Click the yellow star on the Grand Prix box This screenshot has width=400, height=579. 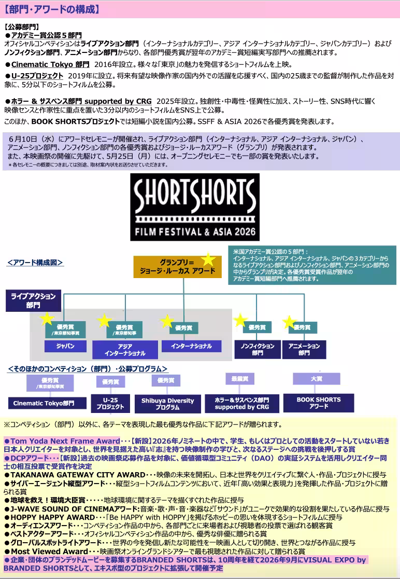[208, 259]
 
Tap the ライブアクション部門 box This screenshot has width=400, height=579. [33, 300]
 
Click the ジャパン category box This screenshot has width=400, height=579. [65, 346]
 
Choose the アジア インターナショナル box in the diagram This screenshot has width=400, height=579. [125, 350]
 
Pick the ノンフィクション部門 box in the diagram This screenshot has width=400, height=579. [257, 349]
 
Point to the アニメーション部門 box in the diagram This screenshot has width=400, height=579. [304, 349]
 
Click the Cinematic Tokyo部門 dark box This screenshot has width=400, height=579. [44, 403]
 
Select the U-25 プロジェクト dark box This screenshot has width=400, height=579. [110, 403]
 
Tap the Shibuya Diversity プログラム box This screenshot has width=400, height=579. [167, 404]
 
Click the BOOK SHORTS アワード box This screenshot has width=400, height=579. [318, 403]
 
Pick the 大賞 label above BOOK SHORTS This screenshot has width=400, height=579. [316, 379]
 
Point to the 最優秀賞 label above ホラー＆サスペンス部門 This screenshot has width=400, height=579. [240, 379]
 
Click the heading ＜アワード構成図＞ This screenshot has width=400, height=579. [35, 263]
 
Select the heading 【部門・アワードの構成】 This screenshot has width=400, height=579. [51, 9]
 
